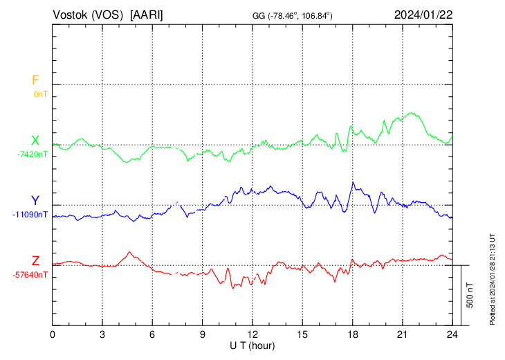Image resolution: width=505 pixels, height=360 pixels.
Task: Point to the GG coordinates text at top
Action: coord(293,15)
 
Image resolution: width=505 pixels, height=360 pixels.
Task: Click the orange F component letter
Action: coord(35,80)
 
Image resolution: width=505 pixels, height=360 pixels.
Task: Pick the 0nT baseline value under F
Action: coord(41,93)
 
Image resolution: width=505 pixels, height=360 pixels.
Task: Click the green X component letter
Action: coord(35,141)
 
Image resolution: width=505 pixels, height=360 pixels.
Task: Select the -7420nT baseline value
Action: coord(33,154)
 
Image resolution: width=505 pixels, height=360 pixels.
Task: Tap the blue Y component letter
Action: coord(35,201)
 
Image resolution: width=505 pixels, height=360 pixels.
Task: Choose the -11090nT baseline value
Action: coord(30,214)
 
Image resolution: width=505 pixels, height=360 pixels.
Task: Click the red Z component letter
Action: coord(35,261)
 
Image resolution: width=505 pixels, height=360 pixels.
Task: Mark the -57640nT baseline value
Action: coord(30,274)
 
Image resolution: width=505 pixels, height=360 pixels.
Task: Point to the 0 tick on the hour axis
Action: coord(53,334)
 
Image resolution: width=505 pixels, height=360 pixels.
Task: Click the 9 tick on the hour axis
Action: coord(203,334)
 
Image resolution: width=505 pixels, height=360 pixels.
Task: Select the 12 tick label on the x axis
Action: coord(252,334)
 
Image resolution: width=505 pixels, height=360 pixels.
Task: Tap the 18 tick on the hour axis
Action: coord(352,334)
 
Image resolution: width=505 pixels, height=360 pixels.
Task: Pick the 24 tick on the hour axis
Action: coord(452,334)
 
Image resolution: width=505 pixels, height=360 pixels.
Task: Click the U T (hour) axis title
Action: coord(252,345)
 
